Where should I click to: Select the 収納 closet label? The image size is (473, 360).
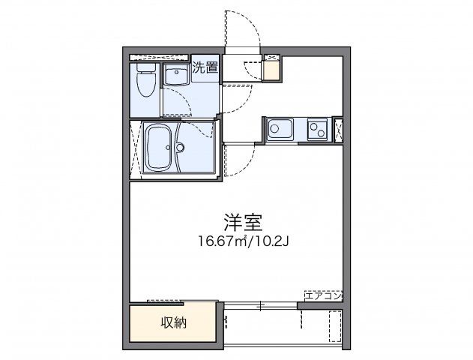pyautogui.click(x=173, y=323)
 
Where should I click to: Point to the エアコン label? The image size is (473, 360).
pyautogui.click(x=324, y=295)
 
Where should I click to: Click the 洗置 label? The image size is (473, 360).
pyautogui.click(x=205, y=67)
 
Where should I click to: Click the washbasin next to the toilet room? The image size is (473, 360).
pyautogui.click(x=177, y=76)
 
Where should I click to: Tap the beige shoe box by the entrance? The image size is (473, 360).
pyautogui.click(x=270, y=71)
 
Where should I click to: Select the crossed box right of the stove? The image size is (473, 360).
pyautogui.click(x=338, y=130)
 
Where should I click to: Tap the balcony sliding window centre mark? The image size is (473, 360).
pyautogui.click(x=259, y=305)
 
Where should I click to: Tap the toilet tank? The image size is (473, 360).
pyautogui.click(x=145, y=70)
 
